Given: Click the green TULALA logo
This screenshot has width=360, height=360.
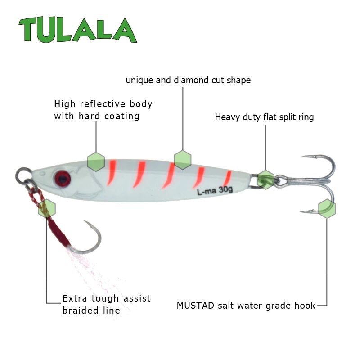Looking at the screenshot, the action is pos(78,30).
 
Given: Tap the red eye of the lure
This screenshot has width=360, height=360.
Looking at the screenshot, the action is pos(62,178).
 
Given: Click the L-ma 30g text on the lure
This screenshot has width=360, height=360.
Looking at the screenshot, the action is pos(215,190).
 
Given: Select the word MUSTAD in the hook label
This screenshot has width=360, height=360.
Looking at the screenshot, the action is pos(195,306).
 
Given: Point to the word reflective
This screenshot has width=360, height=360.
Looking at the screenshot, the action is pos(103,104).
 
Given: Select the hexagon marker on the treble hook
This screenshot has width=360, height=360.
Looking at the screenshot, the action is pos(327,208).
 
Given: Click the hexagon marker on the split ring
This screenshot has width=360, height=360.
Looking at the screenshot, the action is pos(265,180).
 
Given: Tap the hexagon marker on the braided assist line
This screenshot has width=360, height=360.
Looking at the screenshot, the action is pos(47,208).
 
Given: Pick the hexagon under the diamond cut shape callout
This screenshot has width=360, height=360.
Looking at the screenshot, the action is pos(183,160).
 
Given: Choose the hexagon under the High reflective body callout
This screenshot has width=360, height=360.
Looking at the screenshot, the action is pos(96,162).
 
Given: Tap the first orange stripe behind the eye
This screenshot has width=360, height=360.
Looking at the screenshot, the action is pos(112,172).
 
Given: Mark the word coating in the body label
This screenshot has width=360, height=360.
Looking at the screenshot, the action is pos(121,116).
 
